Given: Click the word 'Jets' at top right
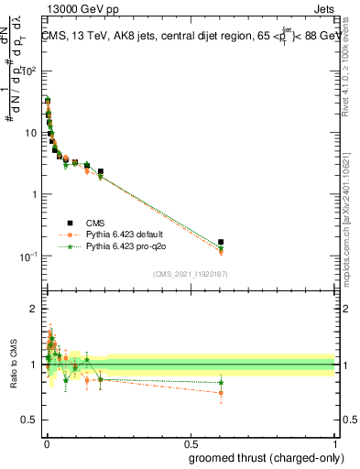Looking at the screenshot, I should point(324,7).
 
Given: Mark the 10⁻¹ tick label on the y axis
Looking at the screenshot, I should point(29,256).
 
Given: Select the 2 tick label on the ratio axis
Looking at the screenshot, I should point(35,309).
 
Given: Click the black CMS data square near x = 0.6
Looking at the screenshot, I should point(221,242).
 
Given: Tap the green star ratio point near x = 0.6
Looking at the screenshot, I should point(221,382).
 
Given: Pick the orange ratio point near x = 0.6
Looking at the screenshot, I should point(221,393).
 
